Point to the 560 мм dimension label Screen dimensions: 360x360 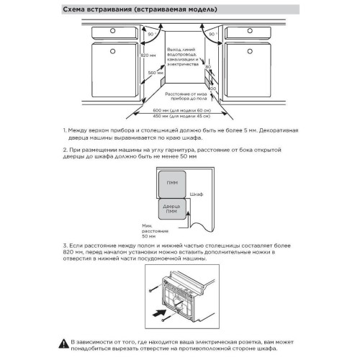click(149, 72)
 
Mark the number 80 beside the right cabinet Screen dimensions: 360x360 click(208, 67)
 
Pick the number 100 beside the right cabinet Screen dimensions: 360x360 click(211, 88)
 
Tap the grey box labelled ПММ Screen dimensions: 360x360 click(171, 183)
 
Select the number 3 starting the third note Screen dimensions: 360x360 click(65, 246)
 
